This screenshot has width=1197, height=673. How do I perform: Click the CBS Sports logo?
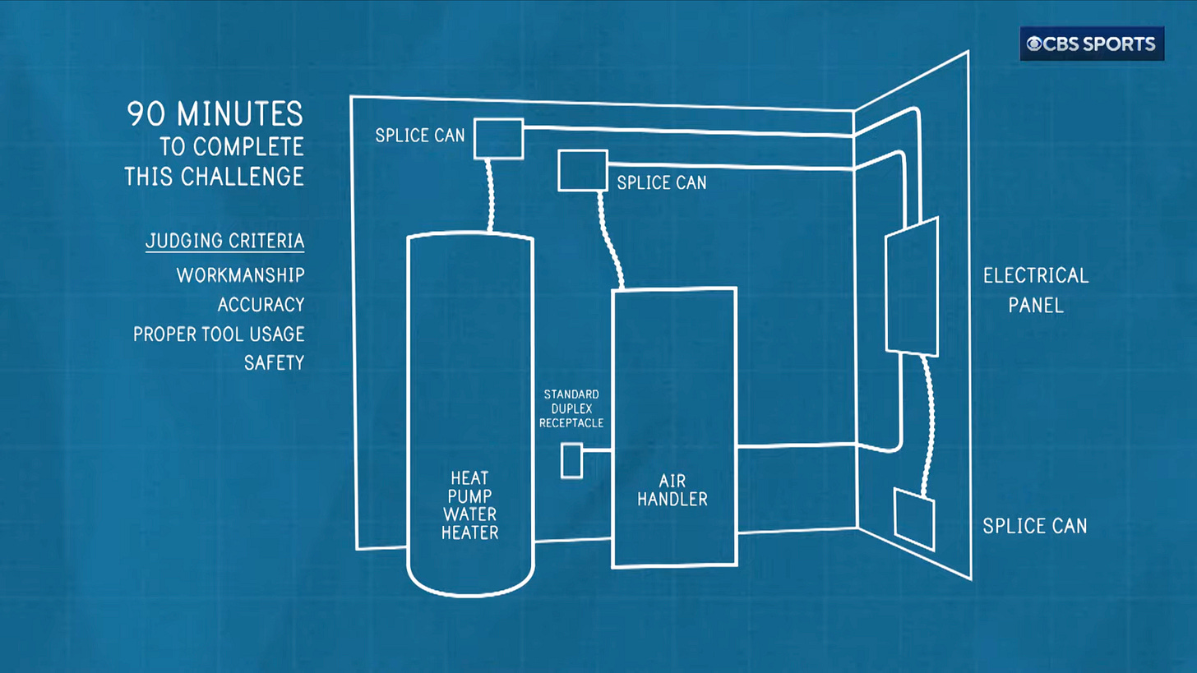click(x=1092, y=44)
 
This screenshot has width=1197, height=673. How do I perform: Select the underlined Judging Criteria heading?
click(x=224, y=241)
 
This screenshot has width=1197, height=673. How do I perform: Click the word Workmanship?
click(x=240, y=274)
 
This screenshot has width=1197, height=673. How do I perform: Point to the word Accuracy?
click(x=261, y=305)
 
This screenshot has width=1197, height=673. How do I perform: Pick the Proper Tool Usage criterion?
click(x=219, y=334)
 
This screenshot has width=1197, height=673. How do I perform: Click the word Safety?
click(x=274, y=362)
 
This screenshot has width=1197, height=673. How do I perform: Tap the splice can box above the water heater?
click(x=498, y=138)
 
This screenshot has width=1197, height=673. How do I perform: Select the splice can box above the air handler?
click(x=582, y=170)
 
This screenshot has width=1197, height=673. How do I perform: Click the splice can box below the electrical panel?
click(x=914, y=519)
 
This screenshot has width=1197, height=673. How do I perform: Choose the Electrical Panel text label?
click(x=1035, y=290)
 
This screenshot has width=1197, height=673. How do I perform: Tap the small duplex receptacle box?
click(x=571, y=460)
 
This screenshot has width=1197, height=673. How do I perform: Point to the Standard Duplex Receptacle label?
click(x=573, y=408)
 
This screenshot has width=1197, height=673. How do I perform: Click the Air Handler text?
click(x=672, y=489)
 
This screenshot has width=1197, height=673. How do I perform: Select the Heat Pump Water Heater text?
click(x=469, y=505)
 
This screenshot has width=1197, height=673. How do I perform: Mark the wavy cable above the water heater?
click(x=492, y=196)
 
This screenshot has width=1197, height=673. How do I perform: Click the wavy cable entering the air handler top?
click(x=610, y=238)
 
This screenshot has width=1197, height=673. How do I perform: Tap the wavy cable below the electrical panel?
click(x=927, y=423)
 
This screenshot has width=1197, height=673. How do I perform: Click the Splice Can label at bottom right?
click(x=1034, y=525)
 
